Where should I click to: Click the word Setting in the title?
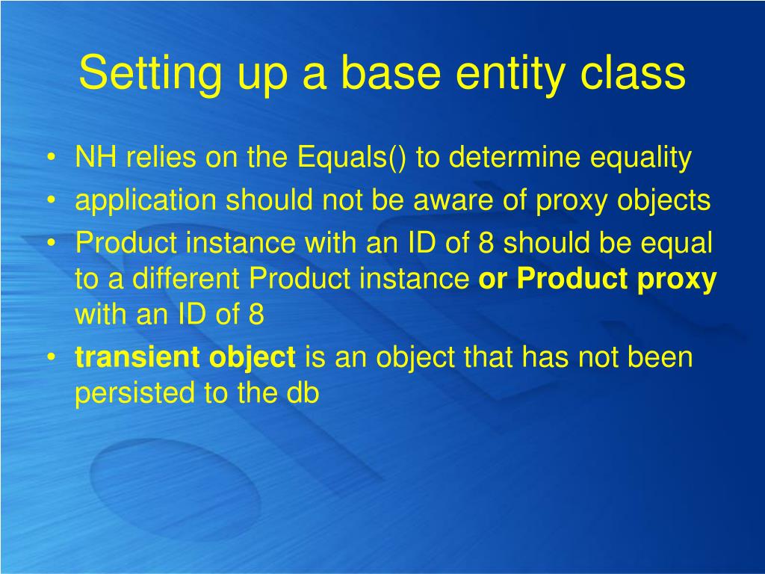150,73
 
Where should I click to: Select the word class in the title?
633,72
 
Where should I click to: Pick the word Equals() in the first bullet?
351,157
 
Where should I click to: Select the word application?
146,200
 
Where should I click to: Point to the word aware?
453,201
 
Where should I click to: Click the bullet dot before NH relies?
51,157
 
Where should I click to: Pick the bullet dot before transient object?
51,357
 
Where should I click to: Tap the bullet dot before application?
51,200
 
